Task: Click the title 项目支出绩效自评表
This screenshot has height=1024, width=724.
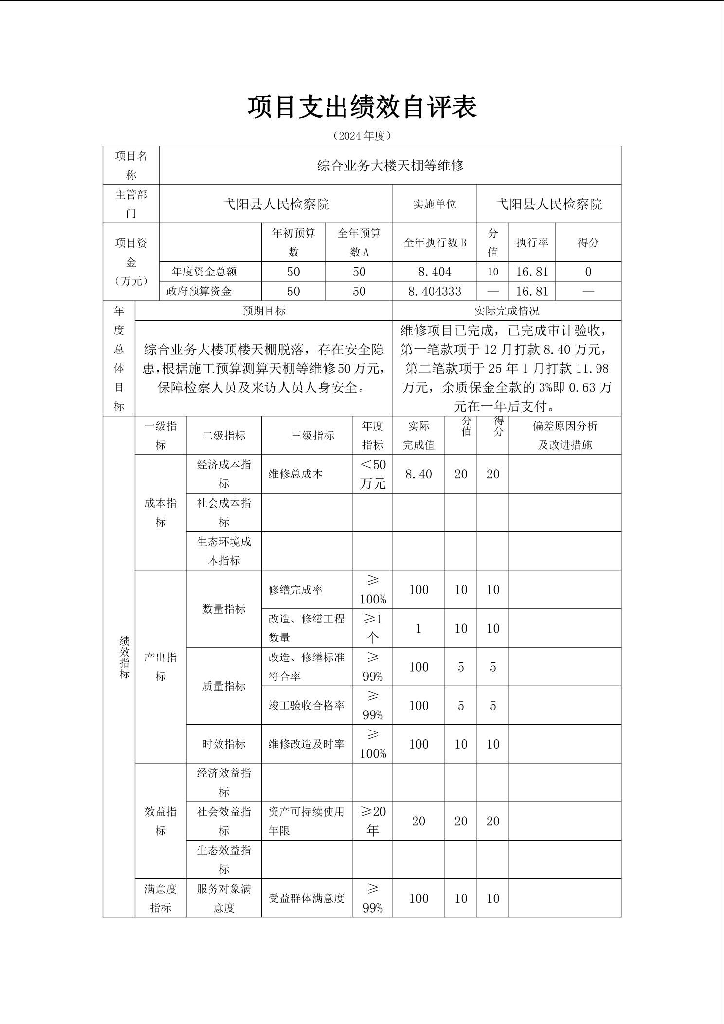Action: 362,107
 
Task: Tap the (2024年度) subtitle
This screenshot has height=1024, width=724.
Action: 362,136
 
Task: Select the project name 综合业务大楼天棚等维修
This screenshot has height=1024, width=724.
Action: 390,165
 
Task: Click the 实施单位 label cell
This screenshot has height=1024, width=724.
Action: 434,204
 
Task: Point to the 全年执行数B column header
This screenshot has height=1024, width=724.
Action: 434,242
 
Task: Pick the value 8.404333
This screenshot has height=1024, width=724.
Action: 434,291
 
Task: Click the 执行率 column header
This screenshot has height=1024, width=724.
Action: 532,242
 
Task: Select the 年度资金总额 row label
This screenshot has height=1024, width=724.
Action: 204,272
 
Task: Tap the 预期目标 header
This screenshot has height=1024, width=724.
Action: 264,311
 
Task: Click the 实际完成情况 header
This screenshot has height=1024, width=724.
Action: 507,311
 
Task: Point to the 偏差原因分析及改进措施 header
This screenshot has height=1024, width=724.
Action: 565,435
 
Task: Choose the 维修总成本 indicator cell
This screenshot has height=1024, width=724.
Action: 296,474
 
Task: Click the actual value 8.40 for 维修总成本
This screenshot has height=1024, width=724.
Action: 418,474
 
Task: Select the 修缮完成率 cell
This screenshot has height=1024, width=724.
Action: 296,590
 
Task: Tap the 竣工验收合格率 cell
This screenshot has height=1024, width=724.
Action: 306,705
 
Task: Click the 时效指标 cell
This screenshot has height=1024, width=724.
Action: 224,744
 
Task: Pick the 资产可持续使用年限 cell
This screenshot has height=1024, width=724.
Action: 306,821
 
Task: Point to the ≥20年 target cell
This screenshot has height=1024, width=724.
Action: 373,821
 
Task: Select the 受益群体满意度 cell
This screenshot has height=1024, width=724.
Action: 306,898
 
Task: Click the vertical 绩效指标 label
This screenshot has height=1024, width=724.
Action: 125,657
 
